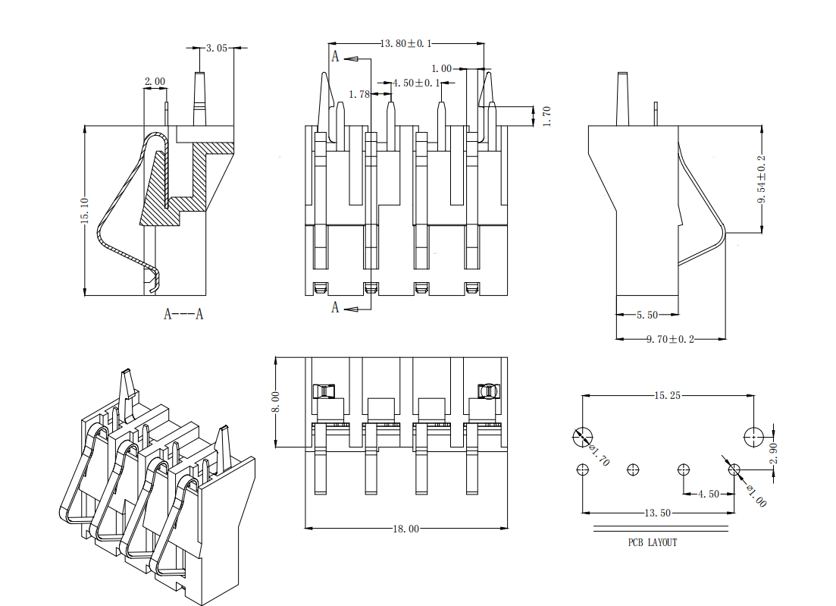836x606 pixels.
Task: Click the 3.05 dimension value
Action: pos(217,48)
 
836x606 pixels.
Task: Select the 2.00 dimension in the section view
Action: pos(155,81)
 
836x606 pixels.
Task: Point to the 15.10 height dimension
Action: pos(84,210)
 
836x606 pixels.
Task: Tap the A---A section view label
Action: pos(183,314)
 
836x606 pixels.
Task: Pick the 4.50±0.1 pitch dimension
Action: pos(416,82)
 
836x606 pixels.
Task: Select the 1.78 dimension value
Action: pos(359,94)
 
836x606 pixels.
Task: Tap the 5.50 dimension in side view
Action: pos(647,314)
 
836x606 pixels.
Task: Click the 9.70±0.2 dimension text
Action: pos(670,338)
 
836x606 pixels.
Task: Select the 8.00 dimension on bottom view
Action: pos(275,401)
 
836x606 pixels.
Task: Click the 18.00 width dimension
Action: pos(406,529)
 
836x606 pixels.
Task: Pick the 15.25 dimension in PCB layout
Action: pos(668,395)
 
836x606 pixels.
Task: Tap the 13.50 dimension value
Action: pos(658,513)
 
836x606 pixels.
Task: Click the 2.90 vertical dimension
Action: pos(773,453)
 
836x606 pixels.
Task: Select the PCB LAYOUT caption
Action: pos(653,542)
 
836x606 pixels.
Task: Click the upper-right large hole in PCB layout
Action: pos(754,436)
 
